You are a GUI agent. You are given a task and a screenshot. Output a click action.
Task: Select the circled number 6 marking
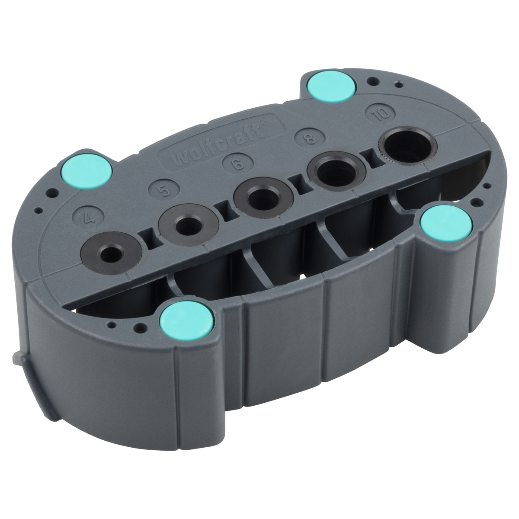237,164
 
